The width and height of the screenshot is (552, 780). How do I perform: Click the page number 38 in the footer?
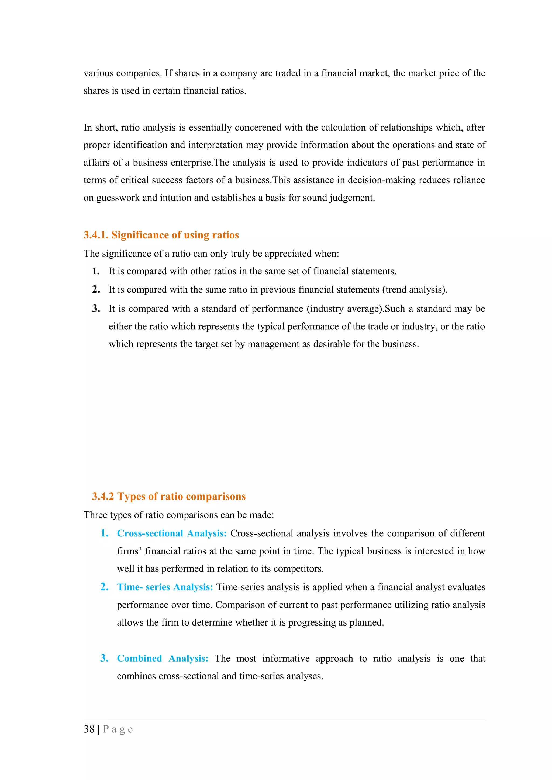coord(89,729)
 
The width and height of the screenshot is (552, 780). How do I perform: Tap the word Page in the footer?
coord(118,729)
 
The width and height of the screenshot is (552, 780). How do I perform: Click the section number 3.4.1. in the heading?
coord(96,235)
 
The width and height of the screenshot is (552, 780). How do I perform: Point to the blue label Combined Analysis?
coord(163,658)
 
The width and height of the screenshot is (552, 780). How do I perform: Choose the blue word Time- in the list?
coord(130,587)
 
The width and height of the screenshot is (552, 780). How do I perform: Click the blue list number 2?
coord(104,587)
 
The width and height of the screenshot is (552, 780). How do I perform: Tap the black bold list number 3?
coord(96,308)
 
